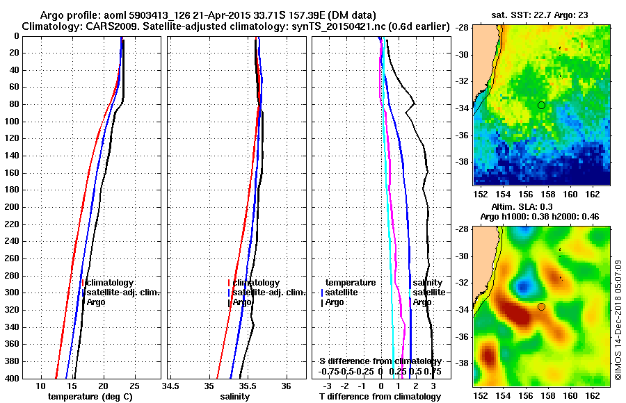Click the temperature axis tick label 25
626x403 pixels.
(x=135, y=386)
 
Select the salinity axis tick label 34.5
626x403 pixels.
(x=170, y=386)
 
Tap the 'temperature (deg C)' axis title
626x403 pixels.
(x=90, y=397)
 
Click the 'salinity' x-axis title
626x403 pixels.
(x=235, y=397)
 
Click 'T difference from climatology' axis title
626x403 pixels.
(x=380, y=397)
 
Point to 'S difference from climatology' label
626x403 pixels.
(x=380, y=361)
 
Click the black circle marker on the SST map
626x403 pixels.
(x=541, y=105)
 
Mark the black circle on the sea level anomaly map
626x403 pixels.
(x=541, y=306)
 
